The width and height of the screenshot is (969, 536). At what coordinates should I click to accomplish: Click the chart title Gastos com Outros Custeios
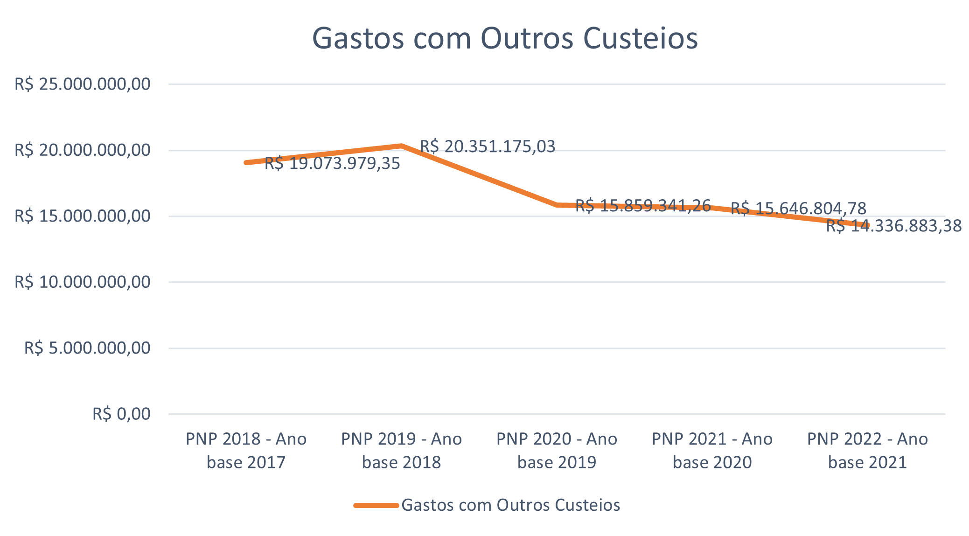(505, 38)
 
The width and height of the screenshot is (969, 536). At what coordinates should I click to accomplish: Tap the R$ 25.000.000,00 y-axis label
(83, 84)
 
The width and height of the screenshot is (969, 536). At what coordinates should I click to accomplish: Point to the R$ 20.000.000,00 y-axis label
(83, 150)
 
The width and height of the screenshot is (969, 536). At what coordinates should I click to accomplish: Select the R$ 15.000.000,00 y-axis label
(83, 216)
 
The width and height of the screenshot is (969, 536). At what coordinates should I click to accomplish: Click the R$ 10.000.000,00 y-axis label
(83, 282)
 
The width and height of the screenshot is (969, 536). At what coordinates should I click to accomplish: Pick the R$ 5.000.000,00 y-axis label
(87, 348)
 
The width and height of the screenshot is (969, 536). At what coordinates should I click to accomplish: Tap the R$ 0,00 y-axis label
(121, 414)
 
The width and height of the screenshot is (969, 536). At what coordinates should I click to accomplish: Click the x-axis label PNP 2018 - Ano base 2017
(246, 451)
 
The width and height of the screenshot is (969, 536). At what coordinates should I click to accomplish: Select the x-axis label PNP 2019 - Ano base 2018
(401, 451)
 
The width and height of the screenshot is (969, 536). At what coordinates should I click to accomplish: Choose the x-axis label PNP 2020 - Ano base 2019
(557, 451)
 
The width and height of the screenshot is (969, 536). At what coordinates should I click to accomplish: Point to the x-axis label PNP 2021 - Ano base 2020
(712, 451)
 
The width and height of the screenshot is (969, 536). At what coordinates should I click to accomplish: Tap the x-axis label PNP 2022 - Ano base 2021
(867, 451)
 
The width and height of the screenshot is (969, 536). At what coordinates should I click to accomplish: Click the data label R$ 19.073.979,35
(332, 164)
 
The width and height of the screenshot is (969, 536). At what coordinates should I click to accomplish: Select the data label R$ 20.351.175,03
(488, 146)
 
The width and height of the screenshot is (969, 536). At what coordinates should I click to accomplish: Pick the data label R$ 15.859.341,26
(643, 205)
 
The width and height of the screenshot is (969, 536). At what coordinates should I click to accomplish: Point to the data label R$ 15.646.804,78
(798, 208)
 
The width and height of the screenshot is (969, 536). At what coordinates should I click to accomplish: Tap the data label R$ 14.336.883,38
(894, 226)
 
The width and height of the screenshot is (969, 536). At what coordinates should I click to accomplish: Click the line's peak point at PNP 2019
(401, 146)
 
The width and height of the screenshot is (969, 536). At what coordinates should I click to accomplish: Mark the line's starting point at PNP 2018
(246, 162)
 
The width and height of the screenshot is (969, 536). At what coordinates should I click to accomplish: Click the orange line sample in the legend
(376, 505)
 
